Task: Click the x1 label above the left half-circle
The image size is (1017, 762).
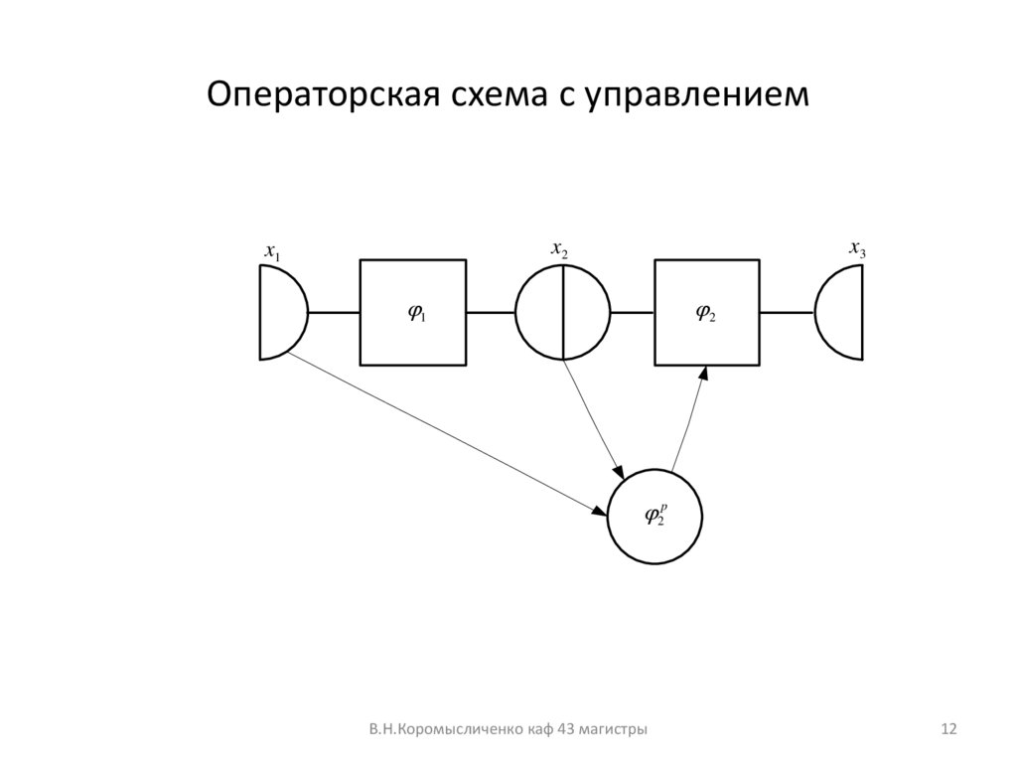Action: tap(271, 253)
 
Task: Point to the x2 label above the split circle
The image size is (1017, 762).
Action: tap(560, 248)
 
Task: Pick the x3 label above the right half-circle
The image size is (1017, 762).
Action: tap(857, 248)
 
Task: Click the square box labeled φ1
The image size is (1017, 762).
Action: tap(412, 312)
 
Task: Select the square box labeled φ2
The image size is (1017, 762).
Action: tap(706, 312)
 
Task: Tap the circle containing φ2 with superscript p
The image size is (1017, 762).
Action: tap(654, 515)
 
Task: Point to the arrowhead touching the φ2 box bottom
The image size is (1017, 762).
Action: tap(703, 374)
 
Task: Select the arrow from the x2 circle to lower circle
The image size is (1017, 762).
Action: tap(594, 417)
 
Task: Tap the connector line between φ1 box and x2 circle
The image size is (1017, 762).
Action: tap(491, 312)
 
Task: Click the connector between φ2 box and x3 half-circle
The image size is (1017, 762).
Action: tap(787, 312)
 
